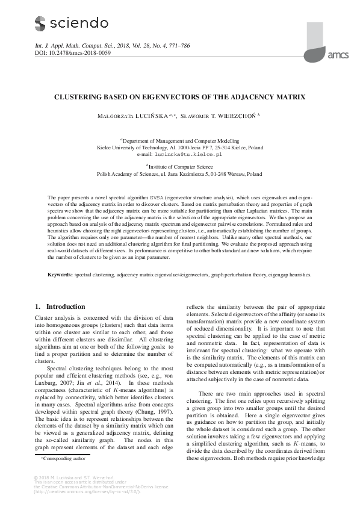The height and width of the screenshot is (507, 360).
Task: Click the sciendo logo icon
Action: tap(40, 23)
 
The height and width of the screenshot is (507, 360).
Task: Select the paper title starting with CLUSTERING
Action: tap(180, 97)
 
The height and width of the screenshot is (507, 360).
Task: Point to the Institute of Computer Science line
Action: tap(180, 166)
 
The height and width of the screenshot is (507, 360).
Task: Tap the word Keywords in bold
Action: tap(60, 274)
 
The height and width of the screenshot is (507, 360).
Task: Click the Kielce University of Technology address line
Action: tap(180, 147)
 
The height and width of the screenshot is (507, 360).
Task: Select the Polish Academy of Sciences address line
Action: tap(180, 173)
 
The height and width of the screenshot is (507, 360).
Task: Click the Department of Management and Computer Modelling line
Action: tap(180, 139)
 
